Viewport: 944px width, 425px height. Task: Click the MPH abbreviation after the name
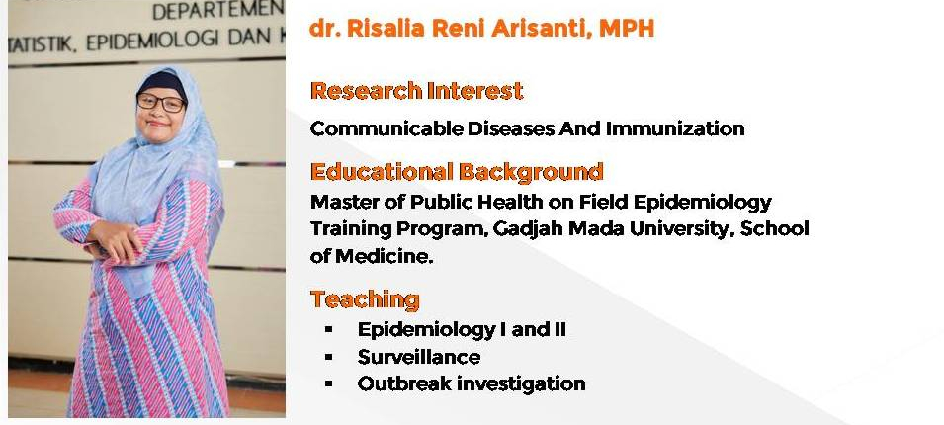[x=626, y=29]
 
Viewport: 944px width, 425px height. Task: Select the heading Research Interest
[x=416, y=91]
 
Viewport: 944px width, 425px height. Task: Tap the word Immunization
[x=675, y=128]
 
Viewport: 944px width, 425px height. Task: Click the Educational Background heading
[x=457, y=172]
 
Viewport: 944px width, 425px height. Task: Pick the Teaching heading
[x=365, y=299]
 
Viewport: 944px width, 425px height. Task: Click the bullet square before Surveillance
[x=328, y=357]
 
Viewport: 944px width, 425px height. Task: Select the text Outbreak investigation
[x=472, y=383]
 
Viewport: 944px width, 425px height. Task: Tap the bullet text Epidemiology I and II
[x=462, y=329]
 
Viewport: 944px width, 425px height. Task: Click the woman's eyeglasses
[x=161, y=102]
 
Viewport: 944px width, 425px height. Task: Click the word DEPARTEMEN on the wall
[x=217, y=10]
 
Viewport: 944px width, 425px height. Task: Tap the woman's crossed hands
[x=118, y=241]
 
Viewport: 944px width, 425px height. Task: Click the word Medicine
[x=385, y=256]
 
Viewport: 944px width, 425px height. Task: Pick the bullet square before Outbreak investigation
[x=328, y=383]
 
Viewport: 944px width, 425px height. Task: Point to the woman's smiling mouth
[x=157, y=124]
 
